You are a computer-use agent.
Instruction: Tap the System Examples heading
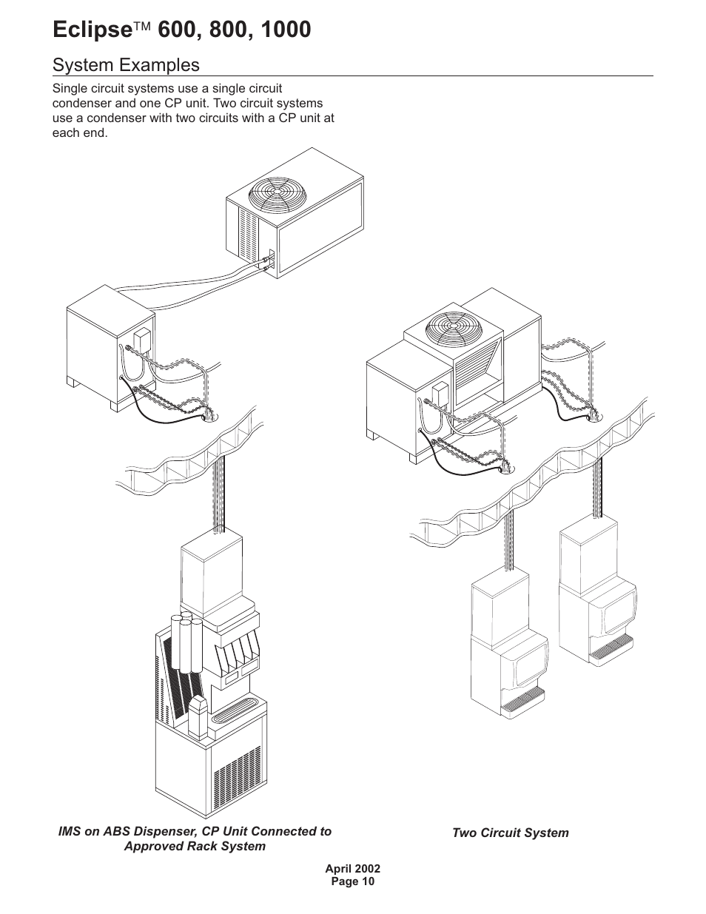[x=126, y=65]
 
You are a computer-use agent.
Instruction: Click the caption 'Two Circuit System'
[x=510, y=833]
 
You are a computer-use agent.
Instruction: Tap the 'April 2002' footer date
[x=352, y=869]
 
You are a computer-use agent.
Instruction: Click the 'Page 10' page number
[x=352, y=881]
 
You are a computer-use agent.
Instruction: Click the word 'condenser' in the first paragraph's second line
[x=83, y=104]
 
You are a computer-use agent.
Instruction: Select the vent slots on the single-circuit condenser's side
[x=247, y=230]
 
